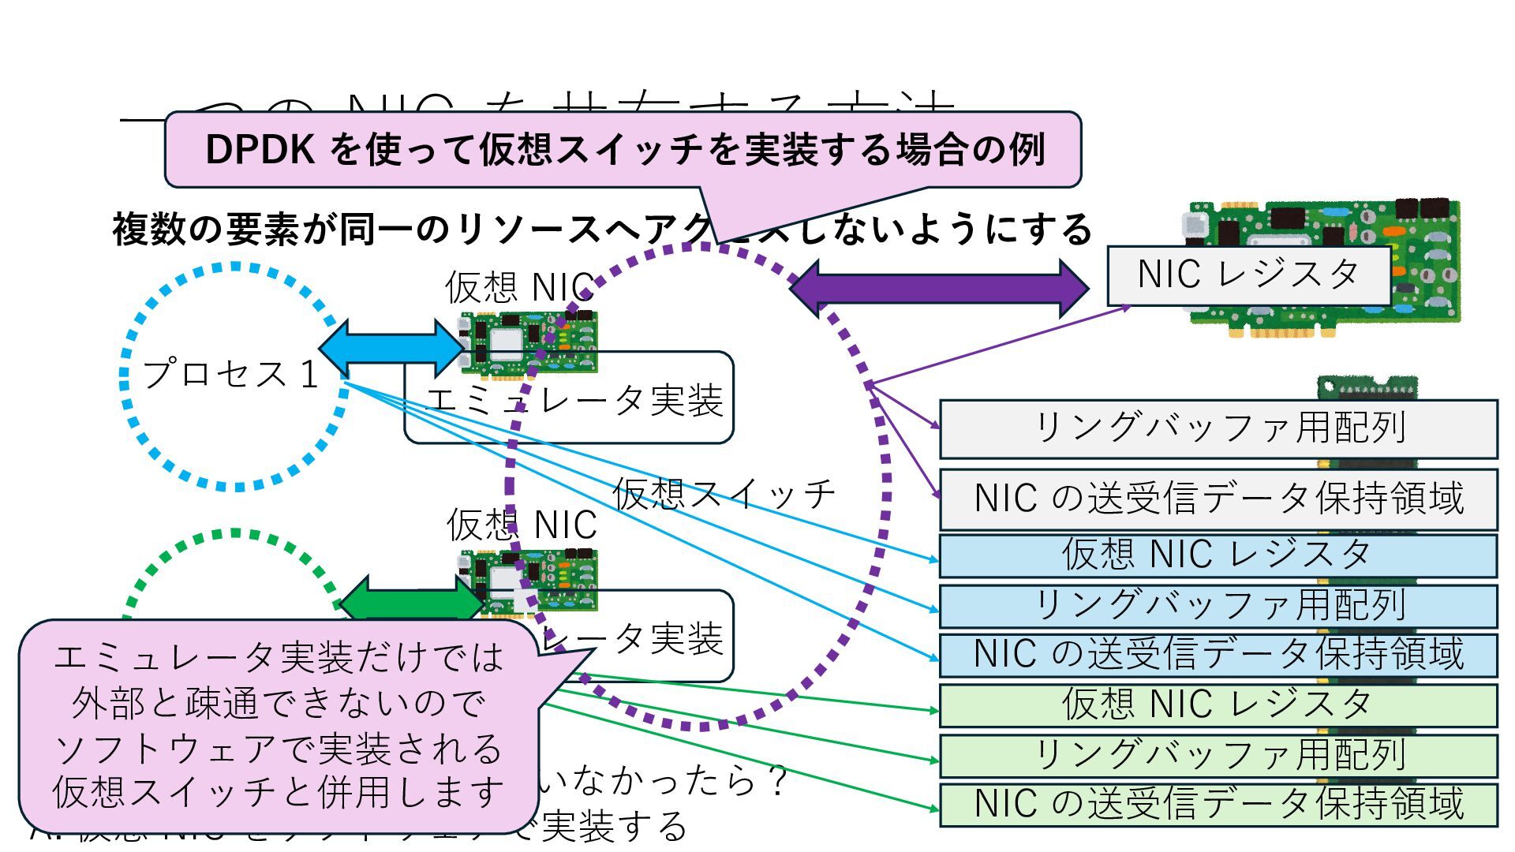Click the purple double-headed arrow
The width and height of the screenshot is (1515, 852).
pos(939,289)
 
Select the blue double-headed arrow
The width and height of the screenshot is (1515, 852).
pos(392,348)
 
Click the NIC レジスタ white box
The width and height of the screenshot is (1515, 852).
pos(1248,275)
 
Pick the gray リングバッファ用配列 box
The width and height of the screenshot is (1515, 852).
pos(1218,428)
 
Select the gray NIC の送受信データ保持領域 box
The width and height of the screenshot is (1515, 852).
pos(1218,499)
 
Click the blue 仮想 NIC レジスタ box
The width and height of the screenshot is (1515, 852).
pos(1218,555)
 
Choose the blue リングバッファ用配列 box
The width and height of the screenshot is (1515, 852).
pos(1218,605)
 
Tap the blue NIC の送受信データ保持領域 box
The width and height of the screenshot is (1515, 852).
pos(1218,655)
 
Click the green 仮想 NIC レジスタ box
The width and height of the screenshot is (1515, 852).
pos(1218,704)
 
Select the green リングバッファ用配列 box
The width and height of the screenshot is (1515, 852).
pos(1218,755)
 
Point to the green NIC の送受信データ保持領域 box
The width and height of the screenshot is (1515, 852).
pos(1218,804)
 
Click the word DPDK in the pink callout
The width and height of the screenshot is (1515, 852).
pos(260,149)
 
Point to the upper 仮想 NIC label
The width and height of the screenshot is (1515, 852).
pos(519,287)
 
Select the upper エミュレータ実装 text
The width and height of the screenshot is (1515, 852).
pos(574,400)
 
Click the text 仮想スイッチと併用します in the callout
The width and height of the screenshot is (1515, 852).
pos(278,792)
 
